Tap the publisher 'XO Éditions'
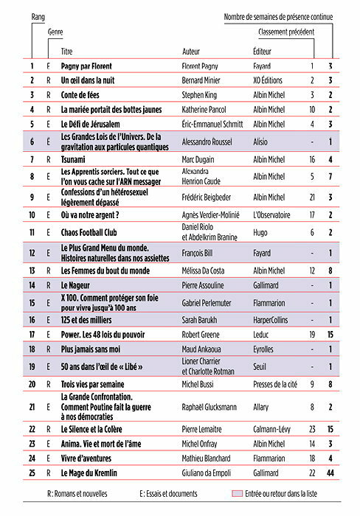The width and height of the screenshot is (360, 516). [x=269, y=80]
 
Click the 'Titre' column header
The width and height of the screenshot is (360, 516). [x=67, y=52]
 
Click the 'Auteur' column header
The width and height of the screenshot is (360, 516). [x=191, y=52]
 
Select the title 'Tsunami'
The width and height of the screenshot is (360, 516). [x=75, y=159]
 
